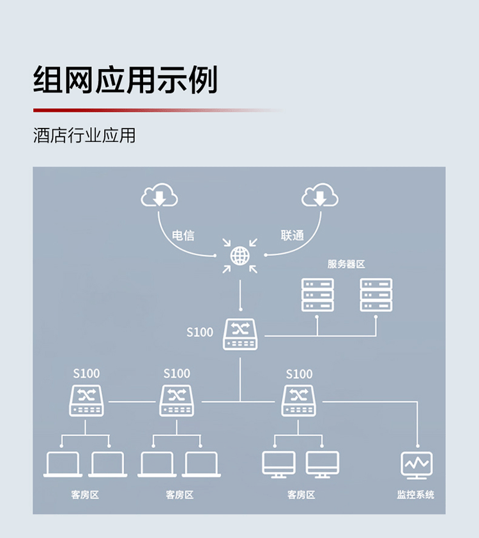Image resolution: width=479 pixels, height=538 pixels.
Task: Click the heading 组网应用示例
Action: click(125, 80)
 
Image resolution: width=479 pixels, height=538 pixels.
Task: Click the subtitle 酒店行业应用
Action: click(84, 135)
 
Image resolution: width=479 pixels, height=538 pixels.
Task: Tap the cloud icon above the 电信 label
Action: click(160, 195)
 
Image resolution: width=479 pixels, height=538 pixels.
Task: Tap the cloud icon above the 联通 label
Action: click(320, 195)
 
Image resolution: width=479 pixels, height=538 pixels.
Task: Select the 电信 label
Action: click(183, 236)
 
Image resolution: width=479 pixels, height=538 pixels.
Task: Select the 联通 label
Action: click(292, 236)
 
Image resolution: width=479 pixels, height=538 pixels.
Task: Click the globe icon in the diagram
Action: click(240, 256)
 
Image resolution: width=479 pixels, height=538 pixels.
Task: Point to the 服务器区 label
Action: click(346, 264)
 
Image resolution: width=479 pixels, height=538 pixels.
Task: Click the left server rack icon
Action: click(317, 295)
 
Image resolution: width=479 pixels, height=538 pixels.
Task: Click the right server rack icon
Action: click(376, 295)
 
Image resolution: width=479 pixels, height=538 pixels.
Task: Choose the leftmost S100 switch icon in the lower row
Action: click(86, 401)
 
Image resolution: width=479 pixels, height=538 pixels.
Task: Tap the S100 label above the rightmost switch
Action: click(299, 374)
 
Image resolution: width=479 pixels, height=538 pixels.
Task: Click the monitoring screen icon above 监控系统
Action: click(416, 466)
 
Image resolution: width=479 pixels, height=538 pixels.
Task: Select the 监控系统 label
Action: click(416, 495)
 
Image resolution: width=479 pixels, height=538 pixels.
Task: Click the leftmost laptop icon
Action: click(63, 465)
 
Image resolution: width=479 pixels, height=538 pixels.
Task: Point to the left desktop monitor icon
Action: click(278, 465)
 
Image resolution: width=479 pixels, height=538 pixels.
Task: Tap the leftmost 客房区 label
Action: click(85, 495)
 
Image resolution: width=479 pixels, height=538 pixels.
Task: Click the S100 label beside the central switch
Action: click(199, 332)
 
